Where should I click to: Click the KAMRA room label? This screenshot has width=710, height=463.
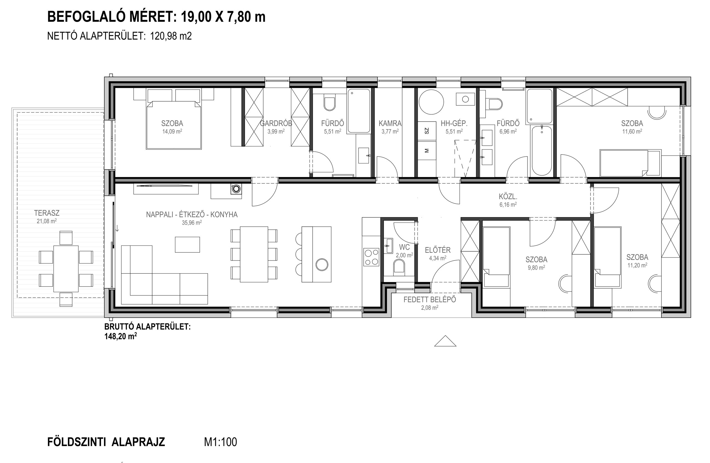coord(390,123)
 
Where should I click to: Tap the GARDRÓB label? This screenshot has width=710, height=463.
coord(276,123)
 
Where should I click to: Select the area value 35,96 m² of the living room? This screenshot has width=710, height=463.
coord(192,222)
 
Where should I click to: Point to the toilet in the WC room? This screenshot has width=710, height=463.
coord(399,266)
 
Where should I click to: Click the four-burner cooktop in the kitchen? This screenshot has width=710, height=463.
coord(371,257)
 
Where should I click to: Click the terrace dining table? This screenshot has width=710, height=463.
coord(66,269)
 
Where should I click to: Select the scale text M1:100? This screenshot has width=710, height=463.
coord(220,442)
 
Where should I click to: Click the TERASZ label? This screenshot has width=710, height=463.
coord(47,213)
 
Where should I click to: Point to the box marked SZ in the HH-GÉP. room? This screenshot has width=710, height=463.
coord(427,131)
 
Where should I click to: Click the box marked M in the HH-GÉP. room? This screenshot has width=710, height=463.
coord(427,150)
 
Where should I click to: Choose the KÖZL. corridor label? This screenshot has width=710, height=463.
coord(508,197)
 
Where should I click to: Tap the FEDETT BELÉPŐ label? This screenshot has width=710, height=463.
coord(430,300)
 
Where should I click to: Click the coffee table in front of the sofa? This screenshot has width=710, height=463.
coord(187,245)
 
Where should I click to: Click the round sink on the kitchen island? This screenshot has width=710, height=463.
coord(322,265)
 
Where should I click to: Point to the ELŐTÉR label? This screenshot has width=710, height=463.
coord(438,250)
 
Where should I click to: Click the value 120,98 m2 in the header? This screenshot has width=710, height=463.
coord(171,36)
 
